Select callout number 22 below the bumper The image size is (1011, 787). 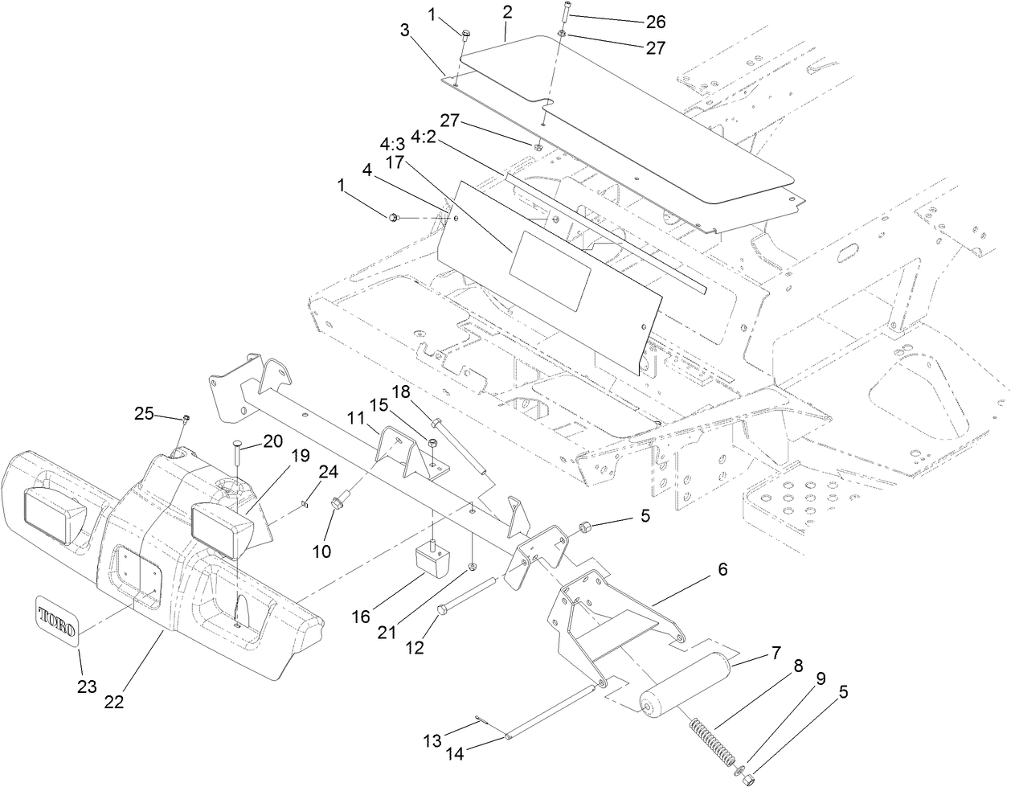pyautogui.click(x=114, y=701)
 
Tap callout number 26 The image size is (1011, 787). pyautogui.click(x=656, y=21)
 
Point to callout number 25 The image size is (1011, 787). pyautogui.click(x=144, y=413)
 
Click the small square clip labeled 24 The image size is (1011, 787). pyautogui.click(x=304, y=505)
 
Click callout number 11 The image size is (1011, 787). pyautogui.click(x=356, y=418)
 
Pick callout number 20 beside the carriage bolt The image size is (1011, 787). pyautogui.click(x=273, y=441)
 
